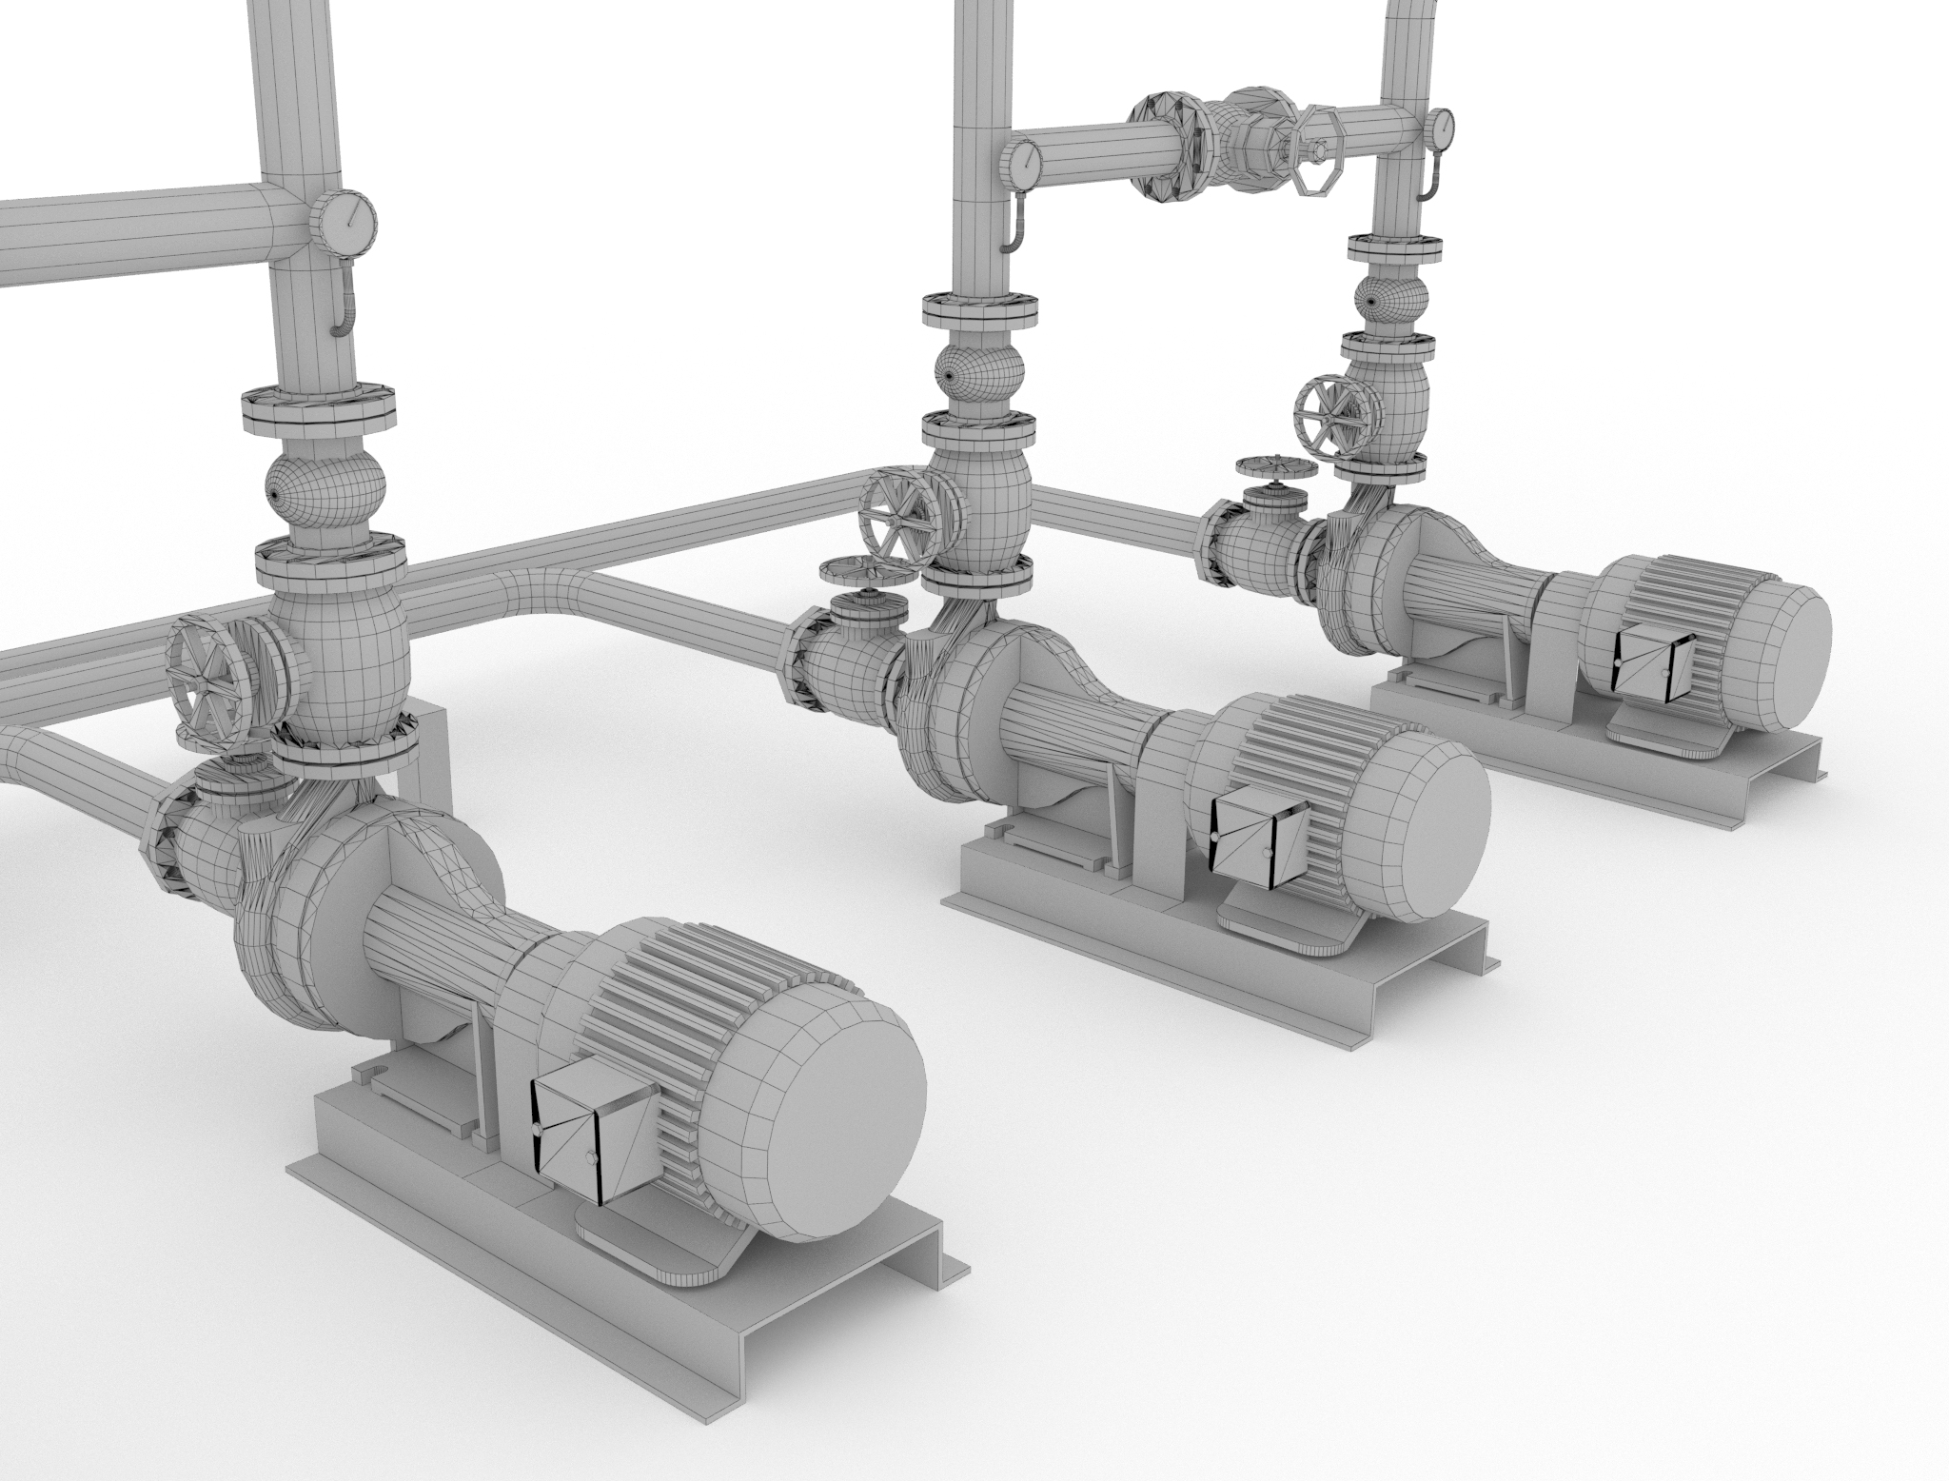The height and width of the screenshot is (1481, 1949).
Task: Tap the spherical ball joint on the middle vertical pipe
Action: [978, 366]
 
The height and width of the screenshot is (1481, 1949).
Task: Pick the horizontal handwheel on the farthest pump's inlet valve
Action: [1276, 470]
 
